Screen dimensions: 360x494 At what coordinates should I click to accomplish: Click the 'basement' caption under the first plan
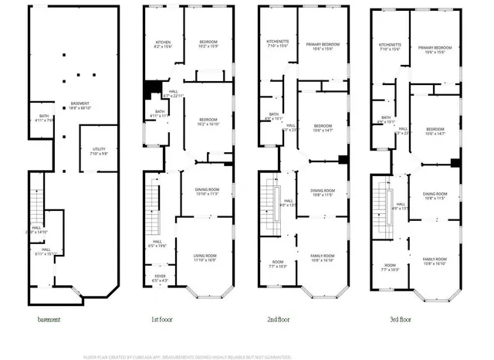pos(49,319)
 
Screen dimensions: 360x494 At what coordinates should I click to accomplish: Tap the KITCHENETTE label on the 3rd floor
pos(390,47)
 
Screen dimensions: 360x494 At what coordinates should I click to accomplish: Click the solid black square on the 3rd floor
pos(455,163)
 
